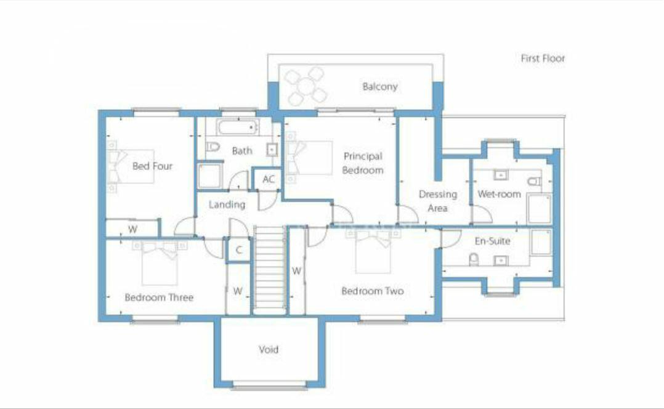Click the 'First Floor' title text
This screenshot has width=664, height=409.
click(543, 59)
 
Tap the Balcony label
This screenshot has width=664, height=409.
click(379, 87)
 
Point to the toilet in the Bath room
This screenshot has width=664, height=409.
click(213, 148)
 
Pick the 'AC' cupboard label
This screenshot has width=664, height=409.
click(269, 179)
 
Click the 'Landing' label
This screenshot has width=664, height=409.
click(227, 204)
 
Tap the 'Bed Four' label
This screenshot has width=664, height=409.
click(152, 166)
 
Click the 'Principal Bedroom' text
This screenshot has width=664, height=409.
click(363, 163)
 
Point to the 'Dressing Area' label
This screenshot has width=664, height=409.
click(437, 201)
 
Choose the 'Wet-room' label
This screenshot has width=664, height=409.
click(499, 194)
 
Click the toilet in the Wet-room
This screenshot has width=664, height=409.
click(535, 182)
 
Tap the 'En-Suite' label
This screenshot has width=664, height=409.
click(492, 241)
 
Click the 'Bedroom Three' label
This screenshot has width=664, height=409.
click(159, 298)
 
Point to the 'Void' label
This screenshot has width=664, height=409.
click(269, 349)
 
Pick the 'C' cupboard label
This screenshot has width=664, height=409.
click(238, 250)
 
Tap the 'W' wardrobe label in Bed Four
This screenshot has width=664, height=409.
click(132, 229)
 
